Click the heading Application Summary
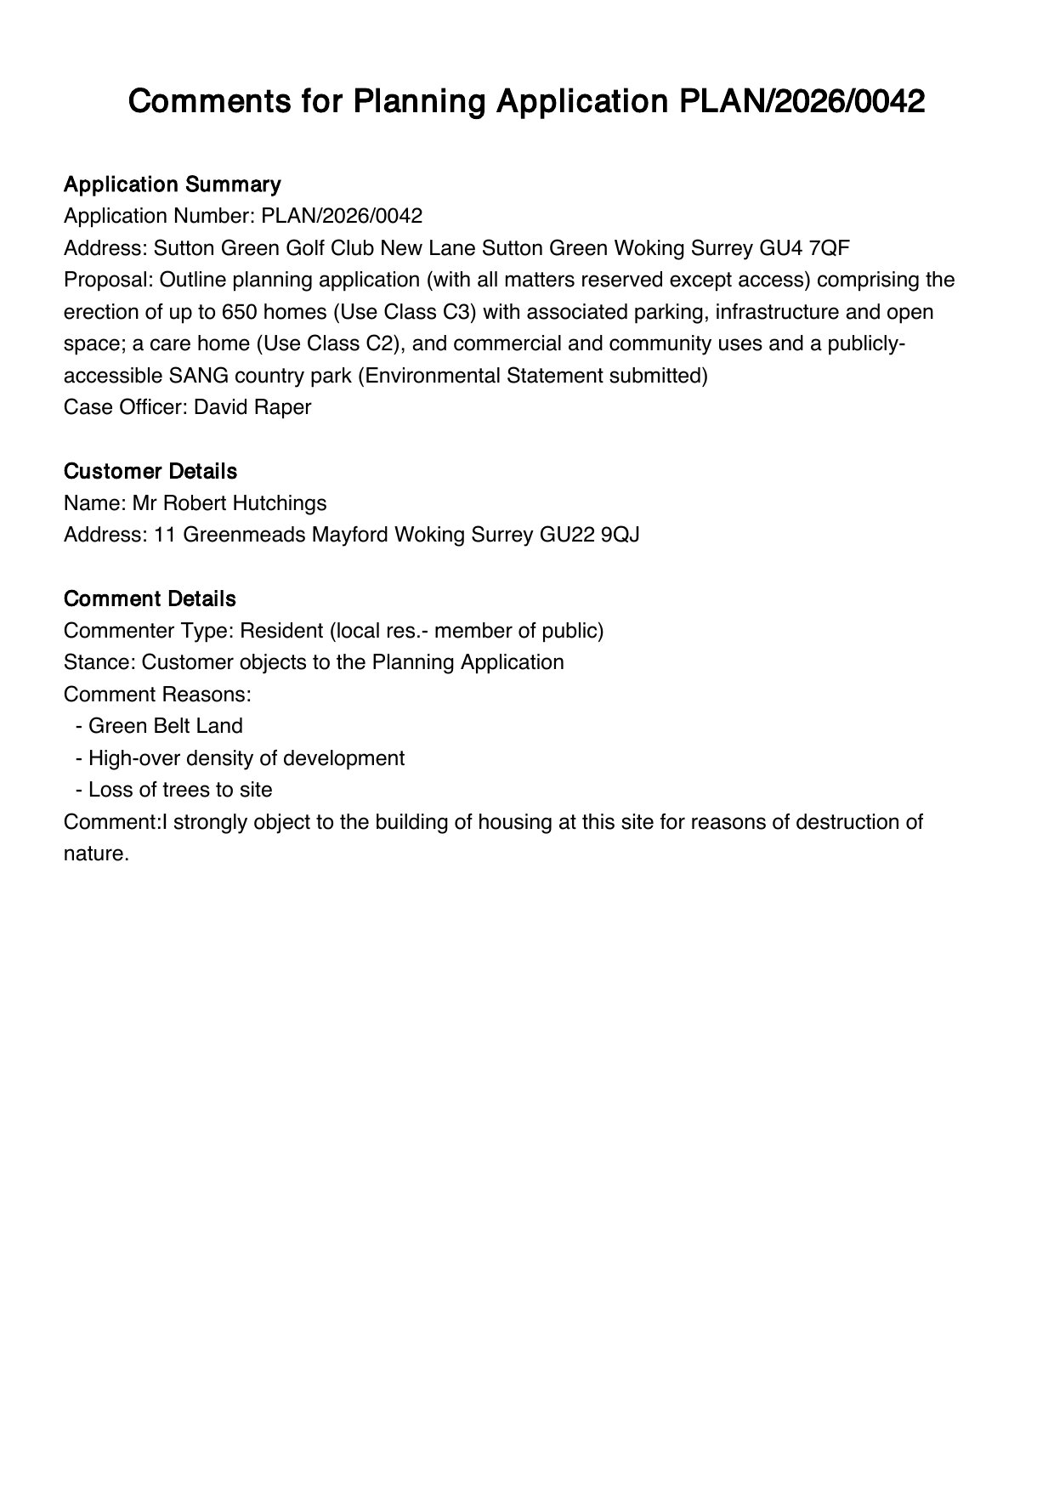pyautogui.click(x=172, y=184)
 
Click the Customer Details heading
pyautogui.click(x=150, y=471)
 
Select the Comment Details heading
pyautogui.click(x=149, y=599)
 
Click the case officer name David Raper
pyautogui.click(x=252, y=407)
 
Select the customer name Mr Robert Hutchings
pyautogui.click(x=229, y=503)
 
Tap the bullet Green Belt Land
pyautogui.click(x=165, y=726)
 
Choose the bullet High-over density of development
pyautogui.click(x=246, y=758)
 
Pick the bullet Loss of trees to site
pyautogui.click(x=179, y=790)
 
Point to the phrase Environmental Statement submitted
pyautogui.click(x=533, y=376)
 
